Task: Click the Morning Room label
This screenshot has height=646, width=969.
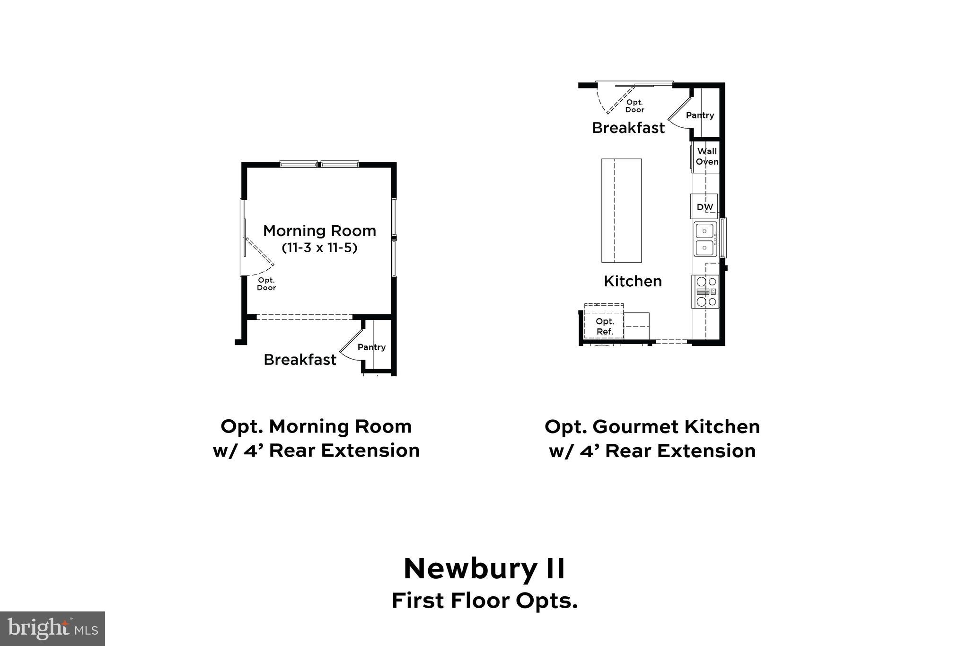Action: coord(319,231)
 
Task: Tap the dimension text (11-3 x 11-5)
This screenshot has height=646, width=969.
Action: coord(319,248)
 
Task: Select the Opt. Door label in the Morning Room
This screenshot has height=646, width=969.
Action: coord(266,284)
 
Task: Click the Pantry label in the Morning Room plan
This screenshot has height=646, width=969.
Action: coord(371,347)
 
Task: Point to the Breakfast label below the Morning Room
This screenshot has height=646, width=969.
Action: coord(300,360)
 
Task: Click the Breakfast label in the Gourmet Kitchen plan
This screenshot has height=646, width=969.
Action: coord(628,128)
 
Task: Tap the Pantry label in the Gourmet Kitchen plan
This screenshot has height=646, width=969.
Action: coord(700,115)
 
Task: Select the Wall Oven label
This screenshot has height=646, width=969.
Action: coord(707,156)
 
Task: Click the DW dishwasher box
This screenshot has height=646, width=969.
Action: coord(705,207)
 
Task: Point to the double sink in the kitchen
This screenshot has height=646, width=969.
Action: coord(705,239)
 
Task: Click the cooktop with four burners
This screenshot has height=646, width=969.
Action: coord(705,292)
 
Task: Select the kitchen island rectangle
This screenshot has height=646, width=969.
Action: coord(621,211)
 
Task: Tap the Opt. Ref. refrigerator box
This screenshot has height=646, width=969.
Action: coord(604,327)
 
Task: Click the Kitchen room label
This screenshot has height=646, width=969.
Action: coord(633,281)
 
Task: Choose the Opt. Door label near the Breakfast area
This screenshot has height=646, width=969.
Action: coord(634,106)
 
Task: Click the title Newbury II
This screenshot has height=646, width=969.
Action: coord(484,568)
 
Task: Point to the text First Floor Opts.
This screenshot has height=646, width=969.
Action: coord(484,601)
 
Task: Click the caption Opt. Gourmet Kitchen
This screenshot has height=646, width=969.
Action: coord(652,426)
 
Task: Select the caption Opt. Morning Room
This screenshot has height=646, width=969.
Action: coord(316,426)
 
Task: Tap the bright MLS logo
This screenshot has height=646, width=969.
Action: coord(53,628)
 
